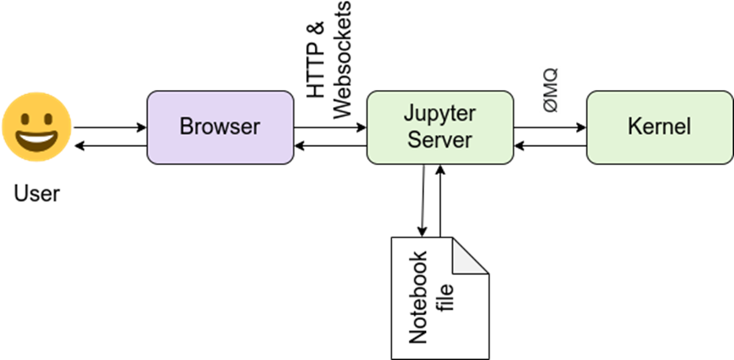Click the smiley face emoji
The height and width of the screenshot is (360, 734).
36,127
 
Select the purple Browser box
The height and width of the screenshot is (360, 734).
220,127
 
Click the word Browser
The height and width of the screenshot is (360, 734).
220,127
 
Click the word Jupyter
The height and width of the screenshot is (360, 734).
440,115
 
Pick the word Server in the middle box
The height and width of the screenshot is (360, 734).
440,139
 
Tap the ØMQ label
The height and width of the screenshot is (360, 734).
550,90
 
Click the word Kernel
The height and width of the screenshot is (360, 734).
659,127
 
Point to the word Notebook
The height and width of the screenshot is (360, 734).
418,297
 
